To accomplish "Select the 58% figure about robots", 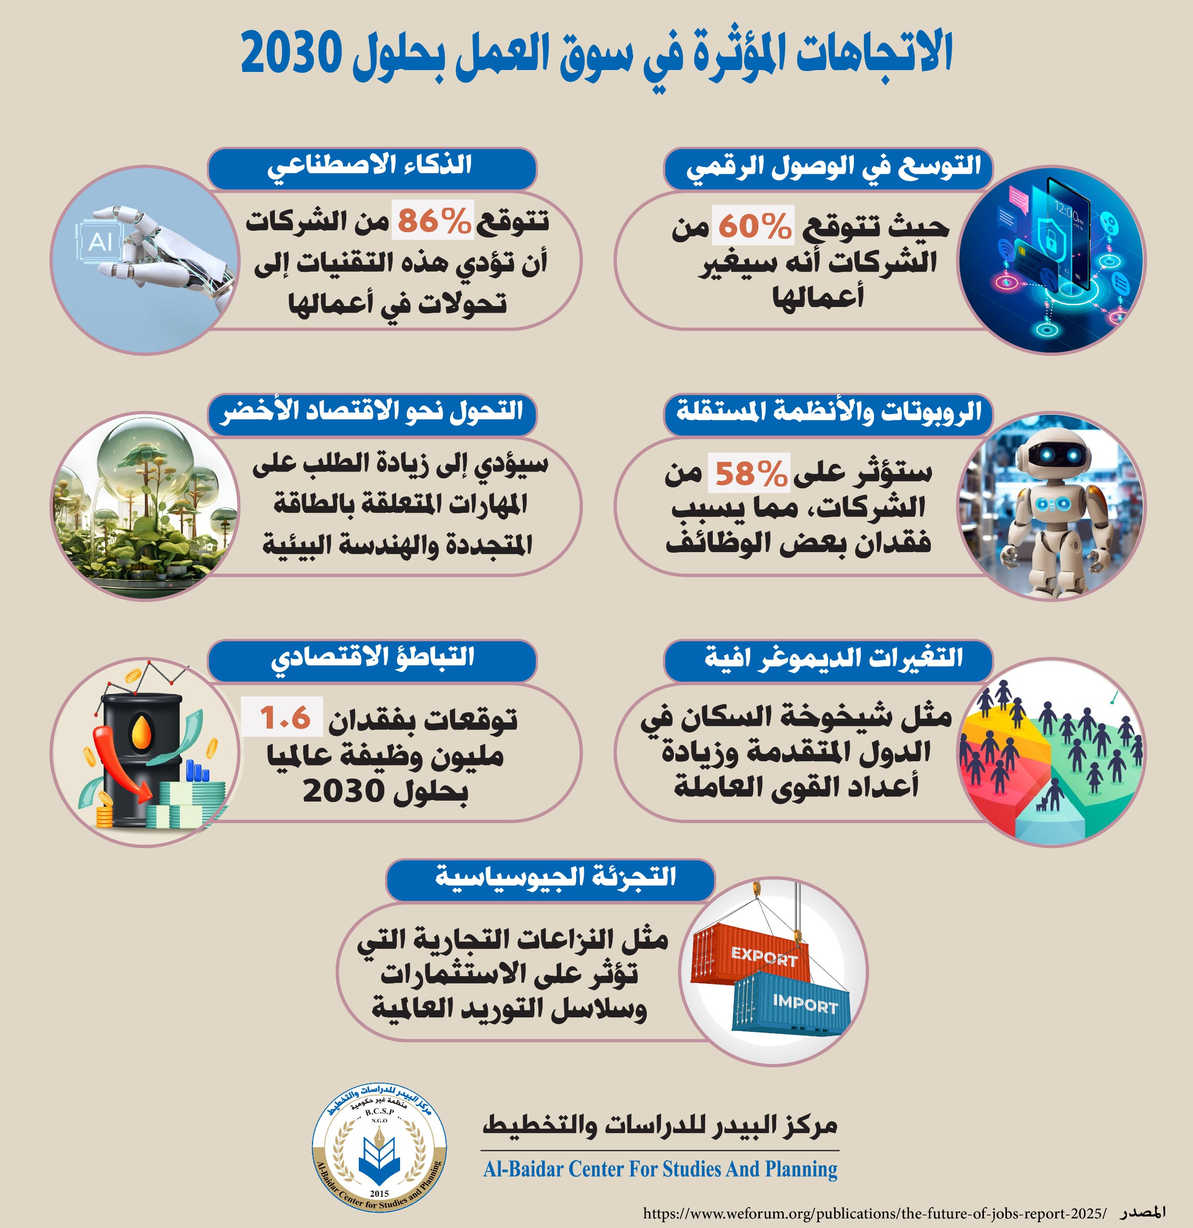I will pos(749,473).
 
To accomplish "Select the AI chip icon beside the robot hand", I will pos(100,241).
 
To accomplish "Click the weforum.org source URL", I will pos(874,1212).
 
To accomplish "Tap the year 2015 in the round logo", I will pos(379,1193).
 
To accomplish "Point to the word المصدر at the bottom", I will pos(1144,1211).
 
